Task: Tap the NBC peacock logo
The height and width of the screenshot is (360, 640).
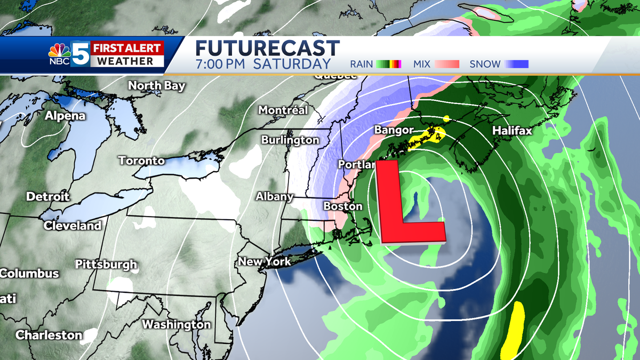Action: pyautogui.click(x=59, y=52)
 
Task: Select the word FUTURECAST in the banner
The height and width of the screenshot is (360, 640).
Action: pyautogui.click(x=267, y=48)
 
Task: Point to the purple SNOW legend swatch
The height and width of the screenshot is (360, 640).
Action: pyautogui.click(x=517, y=65)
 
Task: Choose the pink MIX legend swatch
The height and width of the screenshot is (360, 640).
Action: pyautogui.click(x=447, y=65)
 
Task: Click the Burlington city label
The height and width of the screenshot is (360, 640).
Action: pyautogui.click(x=290, y=140)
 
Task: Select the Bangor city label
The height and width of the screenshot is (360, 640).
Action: pyautogui.click(x=394, y=130)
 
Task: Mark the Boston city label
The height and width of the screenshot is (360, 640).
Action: pyautogui.click(x=343, y=206)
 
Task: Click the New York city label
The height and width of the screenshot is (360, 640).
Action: pyautogui.click(x=265, y=261)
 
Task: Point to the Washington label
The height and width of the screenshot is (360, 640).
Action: pyautogui.click(x=176, y=324)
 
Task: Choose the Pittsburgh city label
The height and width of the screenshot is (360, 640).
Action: pyautogui.click(x=106, y=264)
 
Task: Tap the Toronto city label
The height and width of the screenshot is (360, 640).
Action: pyautogui.click(x=141, y=161)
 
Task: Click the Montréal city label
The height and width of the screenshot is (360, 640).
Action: pyautogui.click(x=283, y=110)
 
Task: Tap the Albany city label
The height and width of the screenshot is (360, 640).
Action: pyautogui.click(x=275, y=196)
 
